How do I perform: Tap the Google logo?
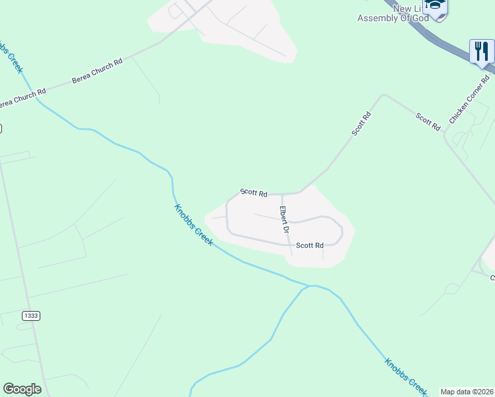(22, 389)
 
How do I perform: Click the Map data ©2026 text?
(467, 392)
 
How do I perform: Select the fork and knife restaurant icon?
(482, 50)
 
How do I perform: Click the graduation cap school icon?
(435, 5)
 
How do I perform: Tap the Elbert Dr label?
(284, 220)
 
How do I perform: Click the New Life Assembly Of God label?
(393, 13)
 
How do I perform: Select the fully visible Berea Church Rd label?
(97, 71)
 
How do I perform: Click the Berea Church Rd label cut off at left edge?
(22, 97)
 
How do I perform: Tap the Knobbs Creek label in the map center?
(193, 225)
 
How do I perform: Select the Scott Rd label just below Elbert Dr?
(310, 245)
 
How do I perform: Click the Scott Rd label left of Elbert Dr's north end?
(253, 193)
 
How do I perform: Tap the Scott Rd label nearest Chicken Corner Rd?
(428, 122)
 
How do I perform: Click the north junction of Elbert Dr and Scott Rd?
(282, 194)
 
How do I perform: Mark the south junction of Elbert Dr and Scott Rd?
(291, 244)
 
